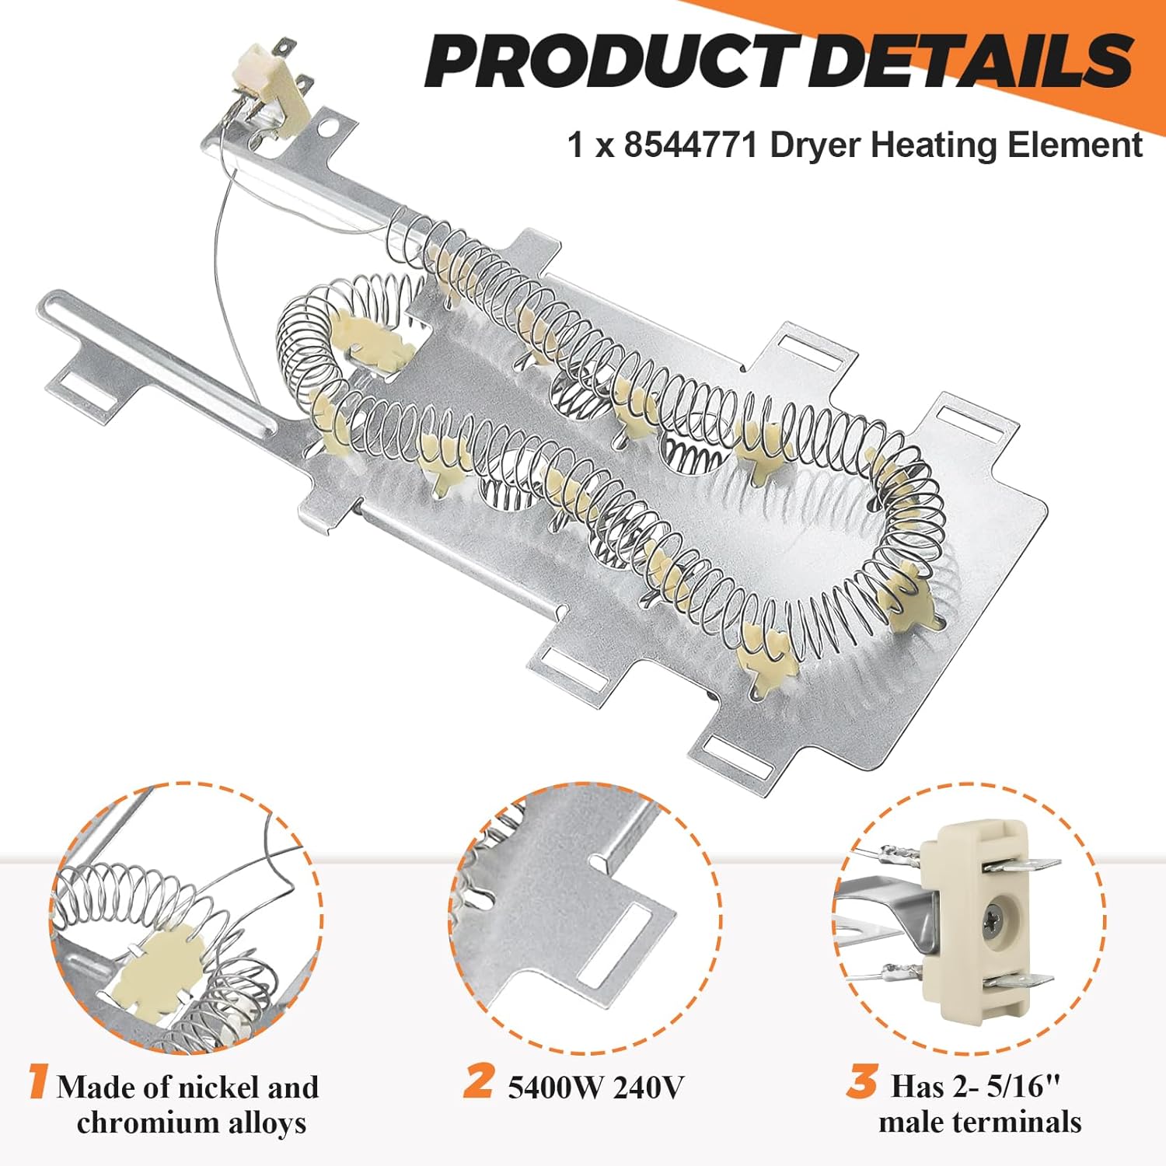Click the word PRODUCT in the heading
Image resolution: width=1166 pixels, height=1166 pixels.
[x=606, y=60]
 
